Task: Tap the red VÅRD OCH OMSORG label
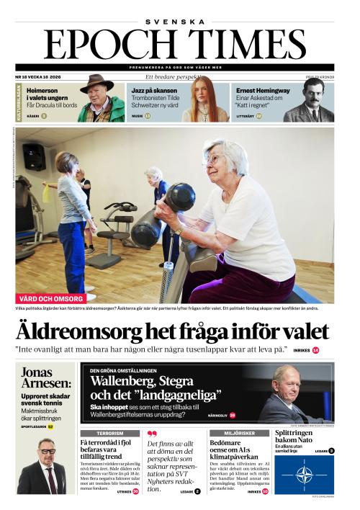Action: click(50, 298)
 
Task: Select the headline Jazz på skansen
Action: click(153, 91)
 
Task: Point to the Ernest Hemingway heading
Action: click(263, 91)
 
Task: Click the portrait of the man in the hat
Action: click(100, 99)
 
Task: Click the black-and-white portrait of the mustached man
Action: click(309, 99)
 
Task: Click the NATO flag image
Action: click(303, 475)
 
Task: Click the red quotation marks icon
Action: click(151, 434)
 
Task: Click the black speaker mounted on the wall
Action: click(34, 156)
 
